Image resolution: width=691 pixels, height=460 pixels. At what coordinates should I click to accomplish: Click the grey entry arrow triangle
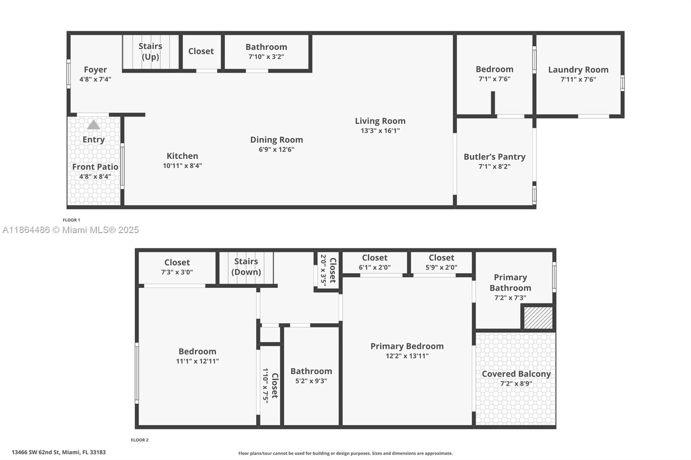[94, 125]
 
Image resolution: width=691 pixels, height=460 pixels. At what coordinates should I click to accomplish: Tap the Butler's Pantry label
[494, 157]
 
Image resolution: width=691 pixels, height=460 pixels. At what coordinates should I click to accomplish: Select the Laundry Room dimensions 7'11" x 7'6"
[578, 79]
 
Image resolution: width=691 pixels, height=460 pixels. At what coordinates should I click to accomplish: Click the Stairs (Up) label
[150, 51]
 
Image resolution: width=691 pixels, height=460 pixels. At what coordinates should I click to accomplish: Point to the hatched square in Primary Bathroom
[538, 318]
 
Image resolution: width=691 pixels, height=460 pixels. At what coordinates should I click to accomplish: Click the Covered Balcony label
[516, 374]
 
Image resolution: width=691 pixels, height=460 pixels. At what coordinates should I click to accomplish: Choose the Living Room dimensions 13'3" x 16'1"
[380, 131]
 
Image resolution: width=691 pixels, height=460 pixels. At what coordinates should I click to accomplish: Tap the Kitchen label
[182, 156]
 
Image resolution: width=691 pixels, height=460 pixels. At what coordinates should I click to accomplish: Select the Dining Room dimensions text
[276, 149]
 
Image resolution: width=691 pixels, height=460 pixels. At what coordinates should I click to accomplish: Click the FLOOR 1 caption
[71, 220]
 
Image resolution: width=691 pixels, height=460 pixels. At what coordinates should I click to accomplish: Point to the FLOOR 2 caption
[139, 440]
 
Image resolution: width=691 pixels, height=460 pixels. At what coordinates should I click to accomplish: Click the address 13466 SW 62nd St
[59, 452]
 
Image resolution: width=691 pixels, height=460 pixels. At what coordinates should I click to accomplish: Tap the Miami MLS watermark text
[71, 230]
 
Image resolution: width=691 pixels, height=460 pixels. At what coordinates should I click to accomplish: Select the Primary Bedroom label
[407, 346]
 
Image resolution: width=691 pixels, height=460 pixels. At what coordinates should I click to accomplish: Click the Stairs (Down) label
[246, 267]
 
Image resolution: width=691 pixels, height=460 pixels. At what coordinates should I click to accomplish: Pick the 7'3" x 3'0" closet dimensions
[177, 272]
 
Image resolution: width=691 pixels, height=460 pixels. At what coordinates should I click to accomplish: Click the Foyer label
[95, 69]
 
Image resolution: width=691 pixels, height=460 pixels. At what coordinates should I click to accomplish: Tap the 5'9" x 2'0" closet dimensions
[441, 268]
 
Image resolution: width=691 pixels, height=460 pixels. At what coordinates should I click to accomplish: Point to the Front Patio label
[95, 167]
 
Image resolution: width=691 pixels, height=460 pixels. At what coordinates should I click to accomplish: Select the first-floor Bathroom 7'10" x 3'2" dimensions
[266, 57]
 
